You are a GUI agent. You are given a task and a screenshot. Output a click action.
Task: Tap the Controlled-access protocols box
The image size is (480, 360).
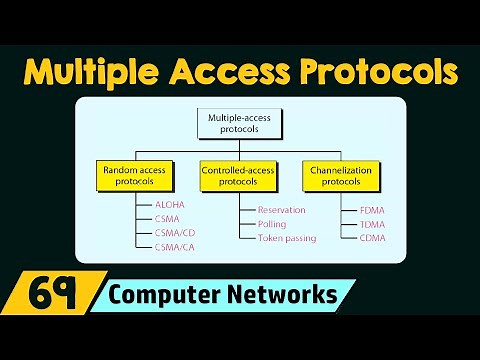coord(240,175)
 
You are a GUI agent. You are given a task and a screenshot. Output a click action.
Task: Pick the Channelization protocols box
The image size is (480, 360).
coord(343,175)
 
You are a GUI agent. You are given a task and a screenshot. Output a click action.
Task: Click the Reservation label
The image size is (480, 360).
coord(281,210)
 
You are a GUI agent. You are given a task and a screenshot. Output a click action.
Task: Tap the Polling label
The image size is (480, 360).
coord(272,224)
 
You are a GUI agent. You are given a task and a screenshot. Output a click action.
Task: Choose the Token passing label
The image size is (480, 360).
coord(286,238)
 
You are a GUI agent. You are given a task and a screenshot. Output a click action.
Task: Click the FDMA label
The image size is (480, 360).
coord(371,210)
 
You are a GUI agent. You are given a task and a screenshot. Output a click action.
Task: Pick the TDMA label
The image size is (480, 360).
coord(371,224)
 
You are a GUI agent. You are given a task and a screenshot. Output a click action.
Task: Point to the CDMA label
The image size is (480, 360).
coord(371,238)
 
